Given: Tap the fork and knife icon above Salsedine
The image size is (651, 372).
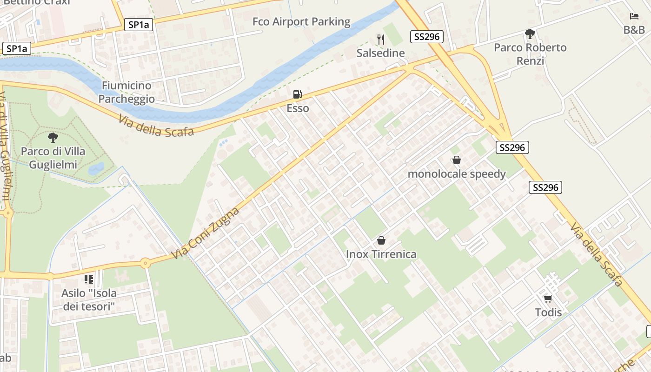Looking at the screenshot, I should (381, 40).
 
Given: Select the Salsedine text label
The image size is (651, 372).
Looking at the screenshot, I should (381, 53).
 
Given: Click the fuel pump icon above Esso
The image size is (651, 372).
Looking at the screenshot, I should (298, 95).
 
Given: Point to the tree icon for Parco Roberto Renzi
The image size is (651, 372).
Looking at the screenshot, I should (530, 34).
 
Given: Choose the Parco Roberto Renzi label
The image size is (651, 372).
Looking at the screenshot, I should (530, 54).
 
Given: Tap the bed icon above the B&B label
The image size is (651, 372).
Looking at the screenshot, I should (634, 16).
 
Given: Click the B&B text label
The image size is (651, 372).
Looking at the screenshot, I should (634, 30).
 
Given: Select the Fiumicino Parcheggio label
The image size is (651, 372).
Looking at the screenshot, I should (126, 92).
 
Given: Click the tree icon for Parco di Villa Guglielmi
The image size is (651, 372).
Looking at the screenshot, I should (53, 138).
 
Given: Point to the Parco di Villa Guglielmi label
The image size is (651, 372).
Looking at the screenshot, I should (53, 158).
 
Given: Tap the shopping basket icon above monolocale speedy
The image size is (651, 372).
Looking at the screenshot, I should (457, 160).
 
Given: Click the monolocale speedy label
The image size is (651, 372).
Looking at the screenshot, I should (457, 174).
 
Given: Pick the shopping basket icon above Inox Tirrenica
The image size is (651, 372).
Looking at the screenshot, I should (381, 240).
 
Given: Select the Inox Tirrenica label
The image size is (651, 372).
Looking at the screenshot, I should (381, 254).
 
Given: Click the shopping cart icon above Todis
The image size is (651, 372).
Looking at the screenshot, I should (548, 299).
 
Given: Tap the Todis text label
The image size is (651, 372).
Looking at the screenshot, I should (548, 312).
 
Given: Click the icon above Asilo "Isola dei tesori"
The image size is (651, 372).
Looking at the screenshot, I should (89, 279).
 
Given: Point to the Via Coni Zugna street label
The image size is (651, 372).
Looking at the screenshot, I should (205, 233).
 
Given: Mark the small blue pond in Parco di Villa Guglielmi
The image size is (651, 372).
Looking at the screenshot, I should (96, 168).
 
